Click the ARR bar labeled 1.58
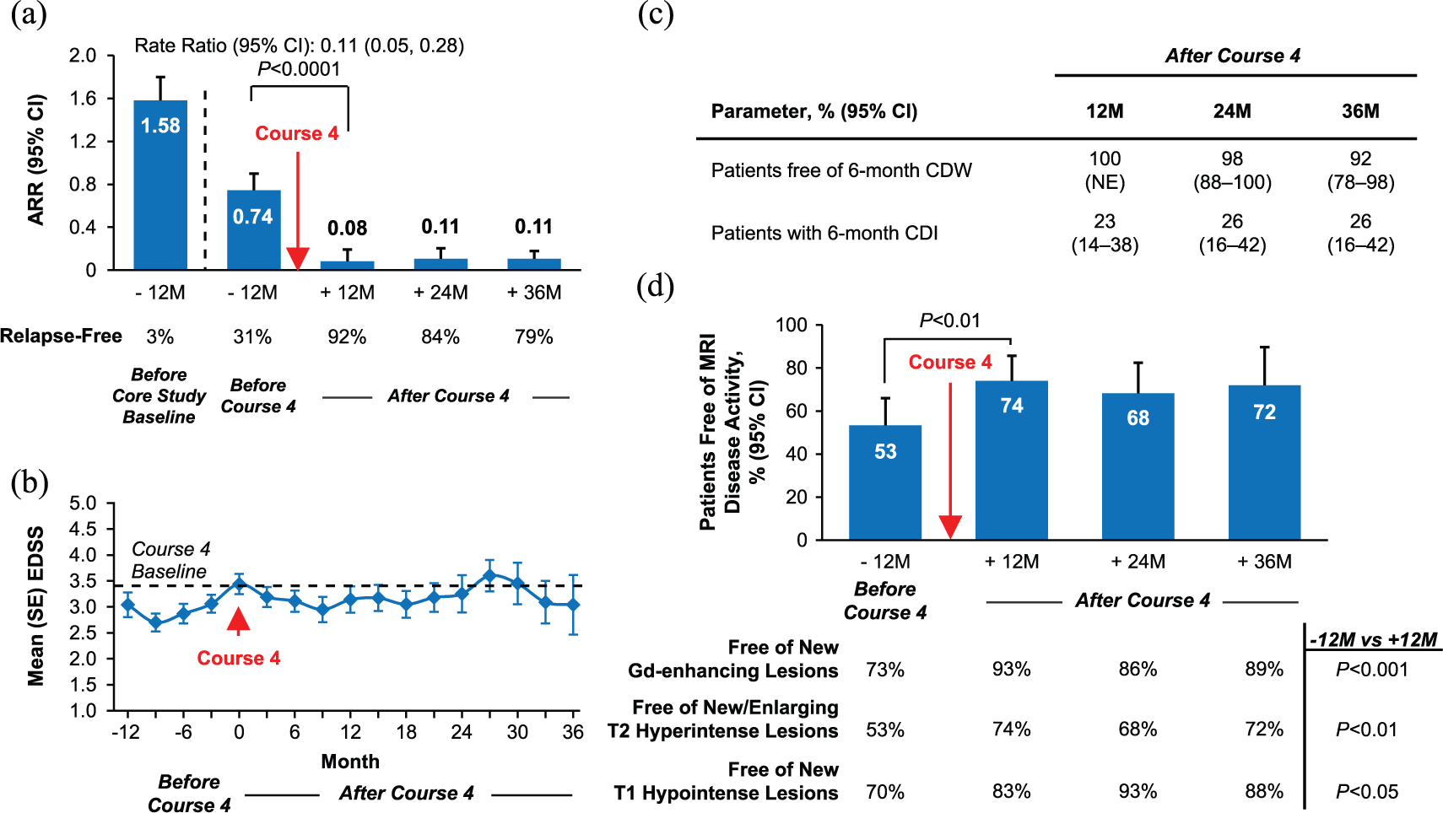coord(160,185)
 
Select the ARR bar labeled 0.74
coord(254,229)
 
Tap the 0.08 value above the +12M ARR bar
coord(347,228)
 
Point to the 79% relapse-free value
coord(533,337)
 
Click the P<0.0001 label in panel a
coord(299,69)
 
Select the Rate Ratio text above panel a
coord(299,46)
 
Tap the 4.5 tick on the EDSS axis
coord(83,529)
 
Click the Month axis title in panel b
coord(350,762)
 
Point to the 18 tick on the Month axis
coord(406,732)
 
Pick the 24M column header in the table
coord(1232,111)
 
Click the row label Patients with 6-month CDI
coord(824,233)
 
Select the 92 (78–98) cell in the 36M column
coord(1360,170)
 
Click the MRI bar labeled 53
coord(885,482)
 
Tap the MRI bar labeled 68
coord(1138,466)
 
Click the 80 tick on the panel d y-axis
coord(794,369)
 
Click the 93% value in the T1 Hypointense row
coord(1138,791)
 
